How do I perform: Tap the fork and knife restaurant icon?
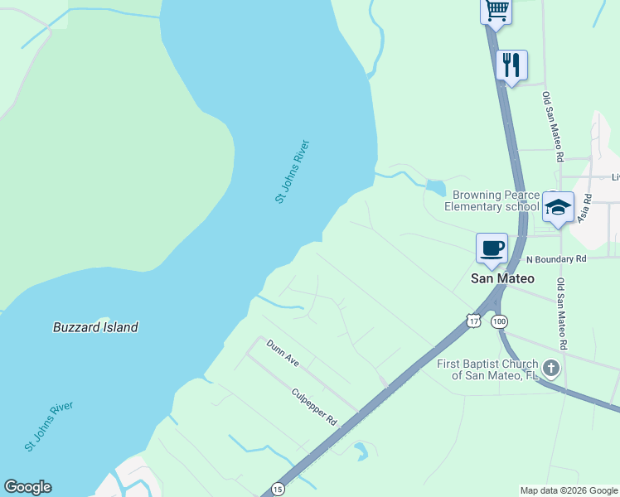click(511, 65)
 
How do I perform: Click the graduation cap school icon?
click(558, 207)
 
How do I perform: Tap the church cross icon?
click(551, 368)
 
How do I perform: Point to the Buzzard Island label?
click(95, 327)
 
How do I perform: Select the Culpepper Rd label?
click(314, 407)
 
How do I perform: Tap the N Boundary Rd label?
click(556, 258)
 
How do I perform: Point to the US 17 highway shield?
click(473, 320)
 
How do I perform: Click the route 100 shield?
click(499, 321)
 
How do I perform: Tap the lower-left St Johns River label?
click(49, 427)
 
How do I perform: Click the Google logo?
click(27, 487)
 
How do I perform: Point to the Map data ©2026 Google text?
click(568, 490)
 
